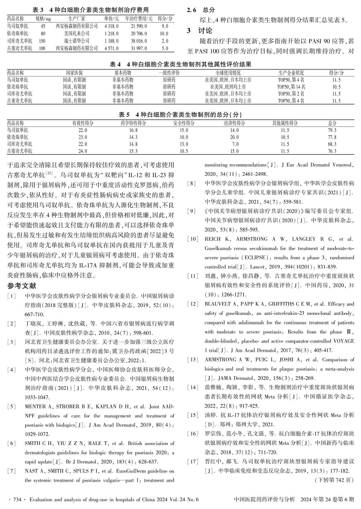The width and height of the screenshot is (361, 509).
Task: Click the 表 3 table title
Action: (x=90, y=10)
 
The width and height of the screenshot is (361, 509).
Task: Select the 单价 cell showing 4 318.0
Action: (x=111, y=26)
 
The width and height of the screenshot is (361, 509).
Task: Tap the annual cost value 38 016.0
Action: (x=139, y=41)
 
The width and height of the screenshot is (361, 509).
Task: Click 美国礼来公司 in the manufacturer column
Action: (x=77, y=34)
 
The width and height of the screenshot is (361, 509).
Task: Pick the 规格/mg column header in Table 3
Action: (x=43, y=19)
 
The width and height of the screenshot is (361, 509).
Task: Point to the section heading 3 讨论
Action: (x=200, y=31)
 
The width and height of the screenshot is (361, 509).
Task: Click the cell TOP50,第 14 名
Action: (x=291, y=87)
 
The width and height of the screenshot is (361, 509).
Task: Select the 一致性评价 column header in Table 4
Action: (x=169, y=73)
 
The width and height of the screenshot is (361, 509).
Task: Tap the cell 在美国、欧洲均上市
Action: (x=228, y=87)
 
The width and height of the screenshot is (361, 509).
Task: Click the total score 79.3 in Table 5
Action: (x=332, y=130)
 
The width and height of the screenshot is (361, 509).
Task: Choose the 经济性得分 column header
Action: (x=234, y=123)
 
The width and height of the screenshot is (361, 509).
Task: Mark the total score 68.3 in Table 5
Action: (x=332, y=144)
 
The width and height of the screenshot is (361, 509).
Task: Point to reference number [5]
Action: (x=12, y=407)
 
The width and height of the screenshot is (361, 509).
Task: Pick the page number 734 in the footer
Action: (x=17, y=500)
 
